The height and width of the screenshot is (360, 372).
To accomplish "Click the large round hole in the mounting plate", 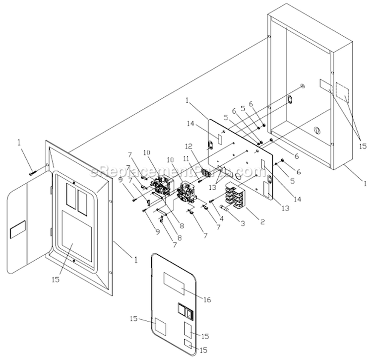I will click(x=237, y=175).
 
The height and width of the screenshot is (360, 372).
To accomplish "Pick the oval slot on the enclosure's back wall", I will click(x=288, y=100).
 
